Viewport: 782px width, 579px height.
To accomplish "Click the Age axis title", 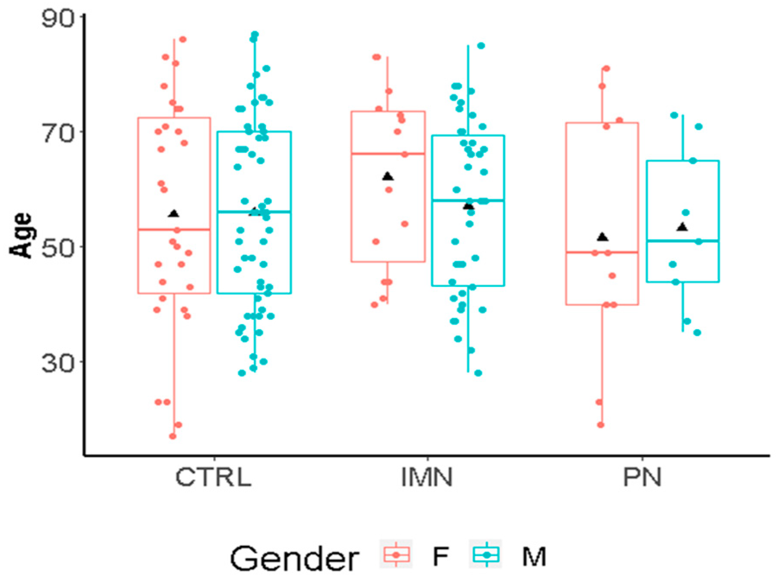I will (21, 236).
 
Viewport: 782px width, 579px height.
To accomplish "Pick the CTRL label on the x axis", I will (213, 478).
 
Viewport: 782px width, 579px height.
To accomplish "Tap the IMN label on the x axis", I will (427, 478).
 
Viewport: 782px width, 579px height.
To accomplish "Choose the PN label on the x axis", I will (642, 478).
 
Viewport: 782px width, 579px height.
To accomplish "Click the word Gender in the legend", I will (294, 559).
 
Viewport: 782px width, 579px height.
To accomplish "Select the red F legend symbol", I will (396, 555).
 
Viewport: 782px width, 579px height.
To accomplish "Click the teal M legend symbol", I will (486, 555).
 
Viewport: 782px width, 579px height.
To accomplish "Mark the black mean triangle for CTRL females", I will (173, 214).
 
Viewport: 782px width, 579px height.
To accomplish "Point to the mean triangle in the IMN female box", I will (388, 176).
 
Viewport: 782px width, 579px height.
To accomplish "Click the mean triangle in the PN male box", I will (682, 227).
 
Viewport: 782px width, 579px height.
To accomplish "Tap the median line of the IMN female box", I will (388, 154).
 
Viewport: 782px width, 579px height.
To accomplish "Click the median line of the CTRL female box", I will (174, 230).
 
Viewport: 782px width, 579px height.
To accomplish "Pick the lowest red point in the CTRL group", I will (173, 436).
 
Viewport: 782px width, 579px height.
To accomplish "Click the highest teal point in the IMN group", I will (481, 46).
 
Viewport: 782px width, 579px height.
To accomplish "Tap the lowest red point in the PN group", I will (600, 425).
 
